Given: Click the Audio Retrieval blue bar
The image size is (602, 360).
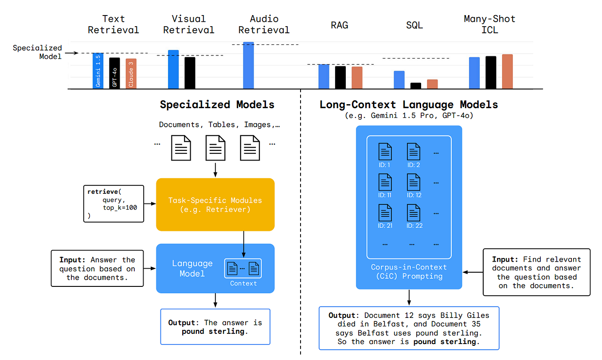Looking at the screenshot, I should pos(248,66).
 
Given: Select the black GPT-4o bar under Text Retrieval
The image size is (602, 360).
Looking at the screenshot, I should pos(114,73).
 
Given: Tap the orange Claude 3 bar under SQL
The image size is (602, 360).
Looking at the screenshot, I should pos(432,84).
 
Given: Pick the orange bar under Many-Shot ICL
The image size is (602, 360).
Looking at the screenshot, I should pos(507,71).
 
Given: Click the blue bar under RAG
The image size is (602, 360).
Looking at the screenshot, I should pos(324,76).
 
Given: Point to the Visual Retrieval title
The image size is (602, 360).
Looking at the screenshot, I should pos(188,24).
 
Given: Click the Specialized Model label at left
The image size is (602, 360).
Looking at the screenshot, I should pos(37,52).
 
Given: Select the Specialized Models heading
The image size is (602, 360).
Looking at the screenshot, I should pos(217,105).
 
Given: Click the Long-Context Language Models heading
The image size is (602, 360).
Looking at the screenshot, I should pos(409,105).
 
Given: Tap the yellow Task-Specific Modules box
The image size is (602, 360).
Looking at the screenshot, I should pos(215,204).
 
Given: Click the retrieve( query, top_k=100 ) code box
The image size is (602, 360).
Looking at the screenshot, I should pos(114,203).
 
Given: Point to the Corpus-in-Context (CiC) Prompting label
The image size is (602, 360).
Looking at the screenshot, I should pos(409,271).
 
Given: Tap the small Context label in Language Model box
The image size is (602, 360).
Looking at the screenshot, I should pos(243,283).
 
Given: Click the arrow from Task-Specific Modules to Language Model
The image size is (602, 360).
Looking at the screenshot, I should pos(244,244).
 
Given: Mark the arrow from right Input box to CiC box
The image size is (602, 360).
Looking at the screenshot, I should pos(472,272).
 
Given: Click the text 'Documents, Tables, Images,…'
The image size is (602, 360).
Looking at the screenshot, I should pos(219,125).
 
